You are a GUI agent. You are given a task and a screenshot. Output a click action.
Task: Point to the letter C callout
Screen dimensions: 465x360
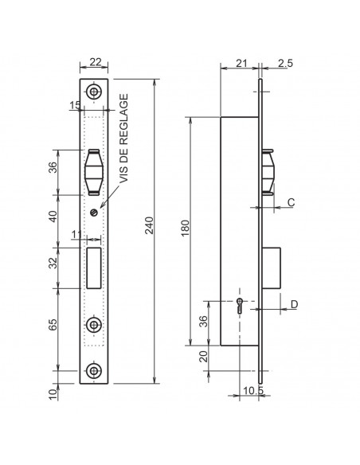(x=292, y=203)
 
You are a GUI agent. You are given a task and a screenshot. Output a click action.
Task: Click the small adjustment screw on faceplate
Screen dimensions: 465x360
(x=94, y=211)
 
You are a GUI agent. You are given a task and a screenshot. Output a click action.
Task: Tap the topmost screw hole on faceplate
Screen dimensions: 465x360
(x=95, y=92)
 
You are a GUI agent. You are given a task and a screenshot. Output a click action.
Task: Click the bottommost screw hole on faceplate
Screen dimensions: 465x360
(x=95, y=371)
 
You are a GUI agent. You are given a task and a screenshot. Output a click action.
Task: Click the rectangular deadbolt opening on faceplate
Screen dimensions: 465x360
(x=93, y=267)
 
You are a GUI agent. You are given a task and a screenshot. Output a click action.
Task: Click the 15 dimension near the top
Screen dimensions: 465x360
(x=75, y=105)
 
